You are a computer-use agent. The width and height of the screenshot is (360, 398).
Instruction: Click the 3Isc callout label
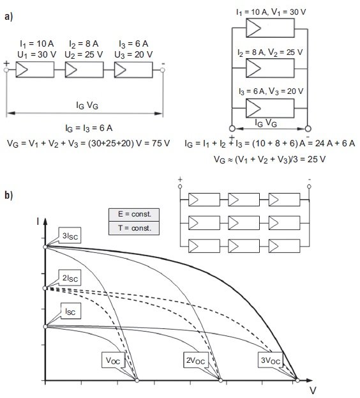click(x=70, y=235)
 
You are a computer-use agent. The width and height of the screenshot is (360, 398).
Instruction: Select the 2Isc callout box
click(x=70, y=278)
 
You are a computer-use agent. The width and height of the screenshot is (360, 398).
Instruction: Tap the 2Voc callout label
click(x=195, y=360)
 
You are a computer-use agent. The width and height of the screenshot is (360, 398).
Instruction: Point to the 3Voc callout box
click(x=271, y=360)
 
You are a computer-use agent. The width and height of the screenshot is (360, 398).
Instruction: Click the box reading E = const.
click(x=134, y=215)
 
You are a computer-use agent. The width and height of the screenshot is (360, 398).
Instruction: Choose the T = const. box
click(x=134, y=228)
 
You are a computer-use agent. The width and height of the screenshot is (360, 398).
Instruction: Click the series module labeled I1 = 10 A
click(x=35, y=70)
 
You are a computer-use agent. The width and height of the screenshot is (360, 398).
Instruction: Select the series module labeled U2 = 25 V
click(x=84, y=70)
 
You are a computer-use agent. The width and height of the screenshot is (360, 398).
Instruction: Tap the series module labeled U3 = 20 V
click(x=133, y=70)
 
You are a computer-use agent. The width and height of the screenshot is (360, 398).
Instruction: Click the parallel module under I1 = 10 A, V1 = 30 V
click(x=270, y=28)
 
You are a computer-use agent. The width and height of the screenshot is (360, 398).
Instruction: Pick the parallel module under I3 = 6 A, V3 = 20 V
click(x=270, y=108)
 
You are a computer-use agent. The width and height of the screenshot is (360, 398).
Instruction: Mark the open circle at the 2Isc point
click(x=45, y=288)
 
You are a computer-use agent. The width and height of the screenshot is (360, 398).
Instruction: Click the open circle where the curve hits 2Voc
click(x=221, y=380)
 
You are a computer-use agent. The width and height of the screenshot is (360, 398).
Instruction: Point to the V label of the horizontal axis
click(x=313, y=390)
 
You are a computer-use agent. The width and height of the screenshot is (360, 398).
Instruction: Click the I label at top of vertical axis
click(x=38, y=222)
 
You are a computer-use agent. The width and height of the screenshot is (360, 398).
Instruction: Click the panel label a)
click(x=8, y=17)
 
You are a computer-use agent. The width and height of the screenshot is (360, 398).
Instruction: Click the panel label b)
click(x=8, y=195)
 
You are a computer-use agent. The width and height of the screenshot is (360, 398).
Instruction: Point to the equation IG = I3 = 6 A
click(x=89, y=128)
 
